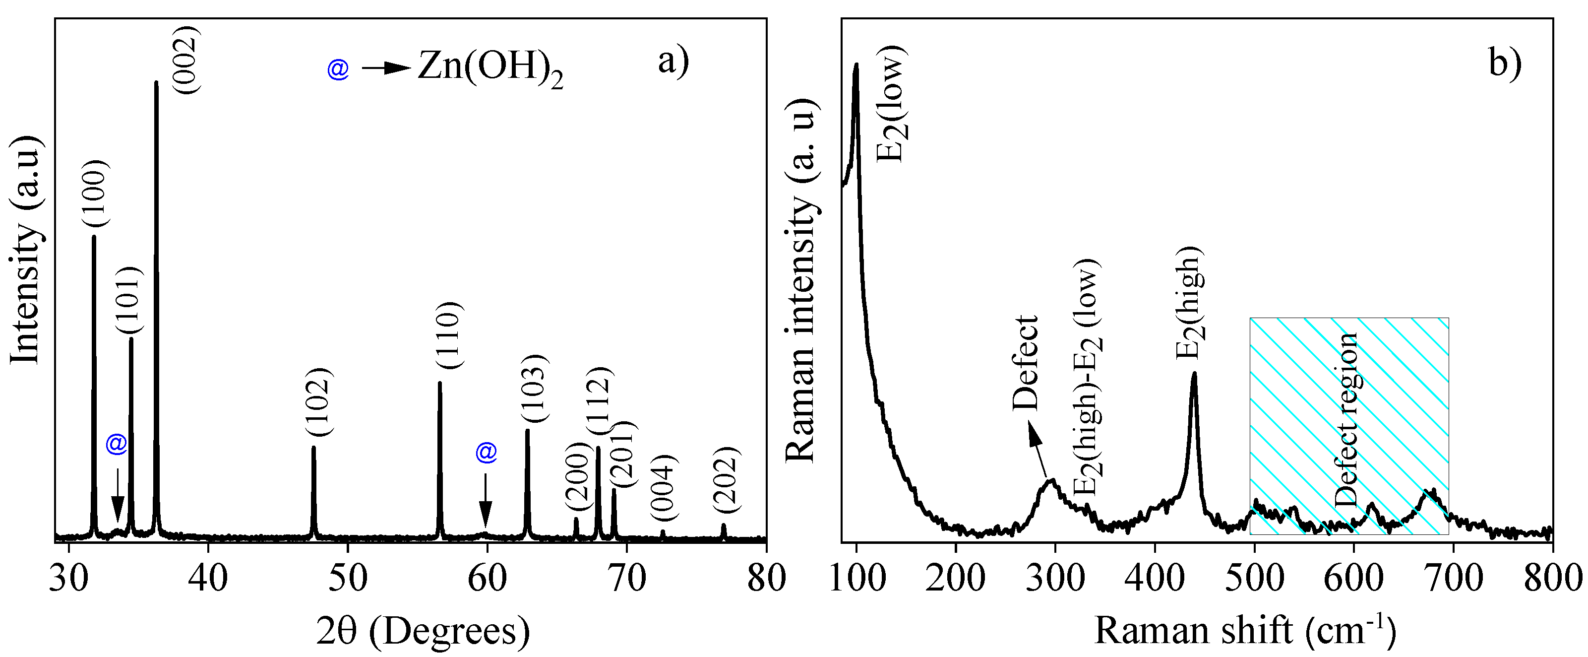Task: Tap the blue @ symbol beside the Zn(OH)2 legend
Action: click(x=338, y=68)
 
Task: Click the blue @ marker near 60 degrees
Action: click(x=486, y=452)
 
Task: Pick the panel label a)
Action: click(x=673, y=61)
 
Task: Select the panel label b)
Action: click(x=1504, y=61)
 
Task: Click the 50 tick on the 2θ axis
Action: click(x=348, y=578)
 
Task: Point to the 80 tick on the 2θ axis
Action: click(x=766, y=578)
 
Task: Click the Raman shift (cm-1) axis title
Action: click(x=1245, y=631)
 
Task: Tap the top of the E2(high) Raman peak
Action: click(x=1194, y=374)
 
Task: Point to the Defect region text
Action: click(x=1346, y=419)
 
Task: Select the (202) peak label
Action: click(x=726, y=479)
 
